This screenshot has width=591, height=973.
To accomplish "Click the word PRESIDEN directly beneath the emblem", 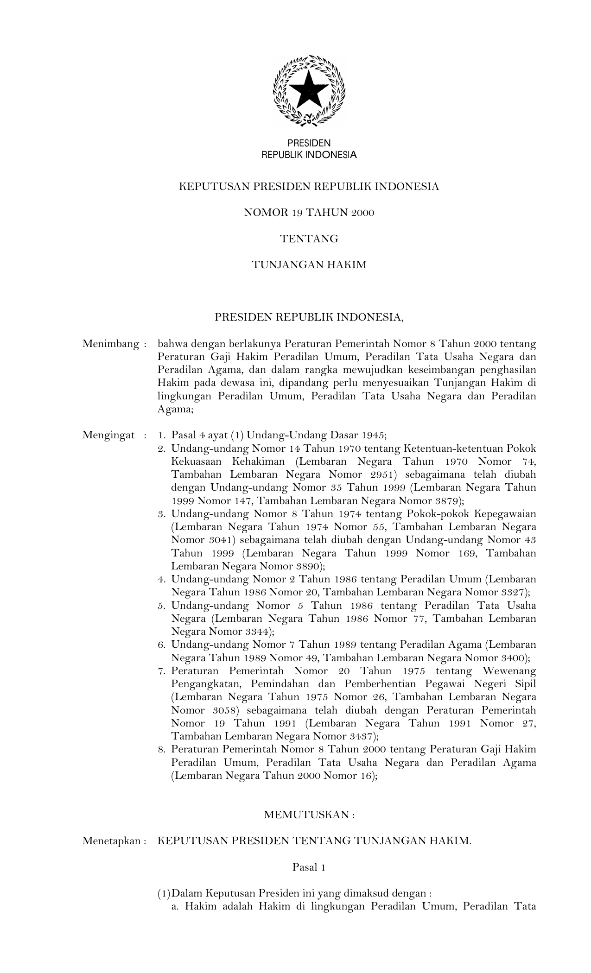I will (x=309, y=144).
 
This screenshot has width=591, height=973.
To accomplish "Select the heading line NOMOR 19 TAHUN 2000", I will (x=309, y=213).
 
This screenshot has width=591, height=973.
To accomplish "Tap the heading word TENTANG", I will (x=309, y=239).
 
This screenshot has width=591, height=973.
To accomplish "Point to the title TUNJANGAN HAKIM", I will (x=309, y=265).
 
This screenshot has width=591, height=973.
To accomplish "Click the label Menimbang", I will (x=111, y=344).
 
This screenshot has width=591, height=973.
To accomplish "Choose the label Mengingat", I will (x=109, y=435).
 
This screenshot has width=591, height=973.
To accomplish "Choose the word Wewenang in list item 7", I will (x=509, y=671).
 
